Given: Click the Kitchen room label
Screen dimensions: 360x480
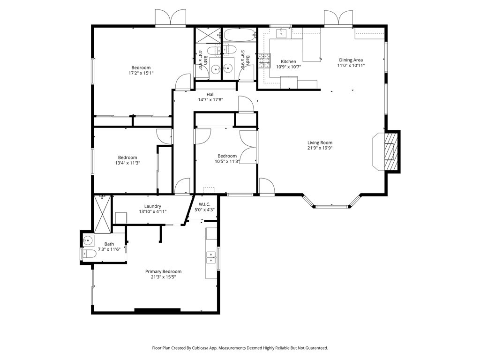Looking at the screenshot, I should point(288,61).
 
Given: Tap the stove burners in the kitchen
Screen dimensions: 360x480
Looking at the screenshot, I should point(265,60).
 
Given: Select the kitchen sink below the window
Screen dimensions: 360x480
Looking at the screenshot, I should point(282,32).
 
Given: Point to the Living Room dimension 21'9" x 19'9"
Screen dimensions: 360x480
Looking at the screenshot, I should point(320,149).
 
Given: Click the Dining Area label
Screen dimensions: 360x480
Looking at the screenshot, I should point(351,60).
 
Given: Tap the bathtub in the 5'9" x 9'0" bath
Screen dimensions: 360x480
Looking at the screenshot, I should point(239,35).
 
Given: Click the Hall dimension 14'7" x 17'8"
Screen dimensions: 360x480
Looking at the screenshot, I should point(210,99).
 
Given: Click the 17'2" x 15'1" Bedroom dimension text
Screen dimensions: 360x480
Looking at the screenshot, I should point(141,73).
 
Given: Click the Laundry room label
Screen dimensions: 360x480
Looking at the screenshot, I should point(153,206).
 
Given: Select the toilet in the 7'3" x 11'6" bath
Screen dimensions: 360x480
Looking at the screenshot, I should point(89,254).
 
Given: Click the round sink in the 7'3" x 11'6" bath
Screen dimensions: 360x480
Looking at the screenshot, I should point(88,241).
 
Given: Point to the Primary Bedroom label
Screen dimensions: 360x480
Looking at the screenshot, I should point(163,271).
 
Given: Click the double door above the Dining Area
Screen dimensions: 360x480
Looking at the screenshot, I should point(338,18).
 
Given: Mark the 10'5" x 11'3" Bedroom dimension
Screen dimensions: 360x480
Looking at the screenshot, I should point(227,162).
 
